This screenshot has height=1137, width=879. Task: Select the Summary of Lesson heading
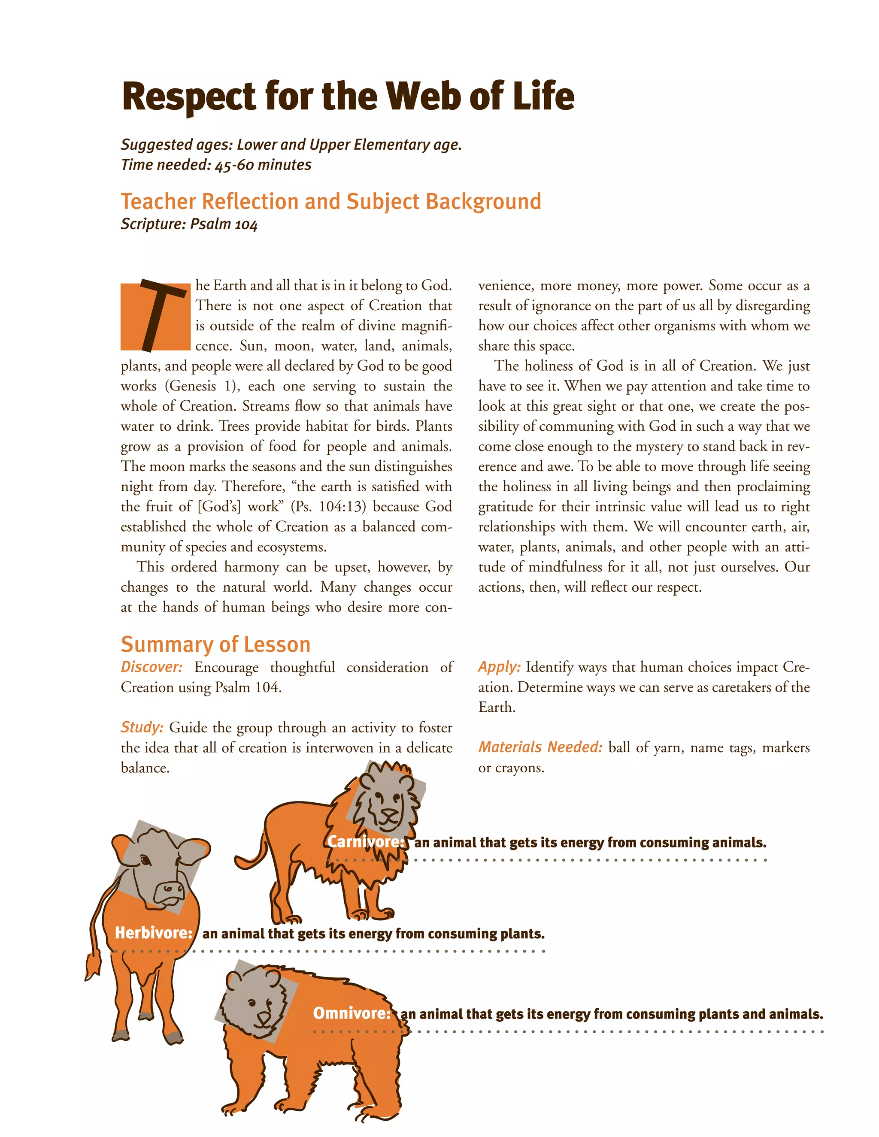click(x=215, y=644)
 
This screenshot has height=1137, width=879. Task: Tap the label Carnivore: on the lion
click(x=366, y=842)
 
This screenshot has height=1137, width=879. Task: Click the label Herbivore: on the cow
click(x=154, y=932)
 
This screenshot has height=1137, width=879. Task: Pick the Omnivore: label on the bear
click(x=352, y=1013)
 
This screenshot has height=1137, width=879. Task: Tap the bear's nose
click(x=264, y=1017)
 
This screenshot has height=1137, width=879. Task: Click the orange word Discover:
click(x=152, y=667)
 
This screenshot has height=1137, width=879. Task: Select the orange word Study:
click(x=142, y=727)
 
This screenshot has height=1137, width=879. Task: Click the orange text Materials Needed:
click(x=540, y=747)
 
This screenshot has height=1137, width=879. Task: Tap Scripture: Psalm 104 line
click(x=189, y=224)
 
